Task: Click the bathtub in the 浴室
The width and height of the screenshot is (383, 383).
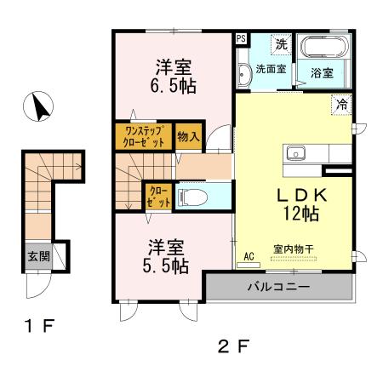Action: pos(323,48)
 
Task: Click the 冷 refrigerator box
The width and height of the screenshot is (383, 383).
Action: pos(340,106)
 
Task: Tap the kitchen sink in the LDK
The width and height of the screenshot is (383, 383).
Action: pos(297,154)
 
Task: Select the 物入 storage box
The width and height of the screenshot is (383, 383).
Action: pos(188,136)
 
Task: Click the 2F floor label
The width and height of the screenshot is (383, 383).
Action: pos(233,346)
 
